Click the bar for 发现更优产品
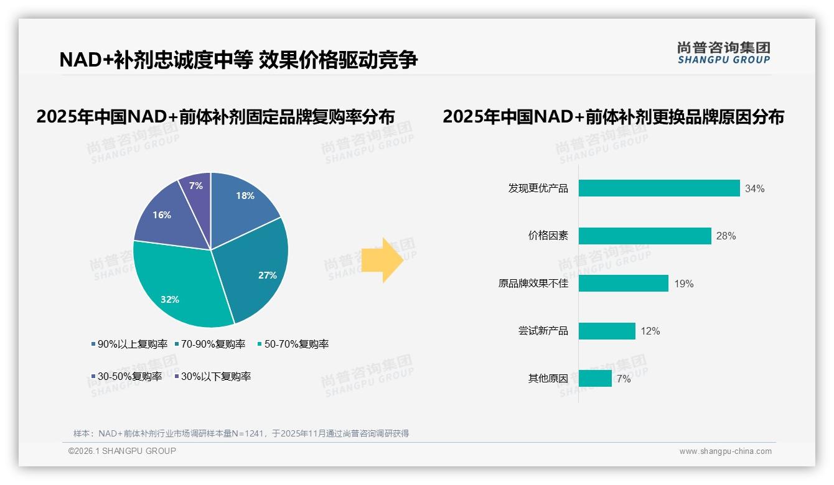pos(658,188)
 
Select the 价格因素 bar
pos(644,236)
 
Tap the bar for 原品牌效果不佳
pos(623,284)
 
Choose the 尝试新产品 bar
pos(606,331)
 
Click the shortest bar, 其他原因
pos(594,378)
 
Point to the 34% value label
pos(754,188)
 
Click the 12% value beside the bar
pos(650,331)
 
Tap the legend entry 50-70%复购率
pos(293,344)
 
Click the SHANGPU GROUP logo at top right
pos(723,53)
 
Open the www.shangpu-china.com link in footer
pos(725,451)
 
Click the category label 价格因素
pos(548,236)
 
